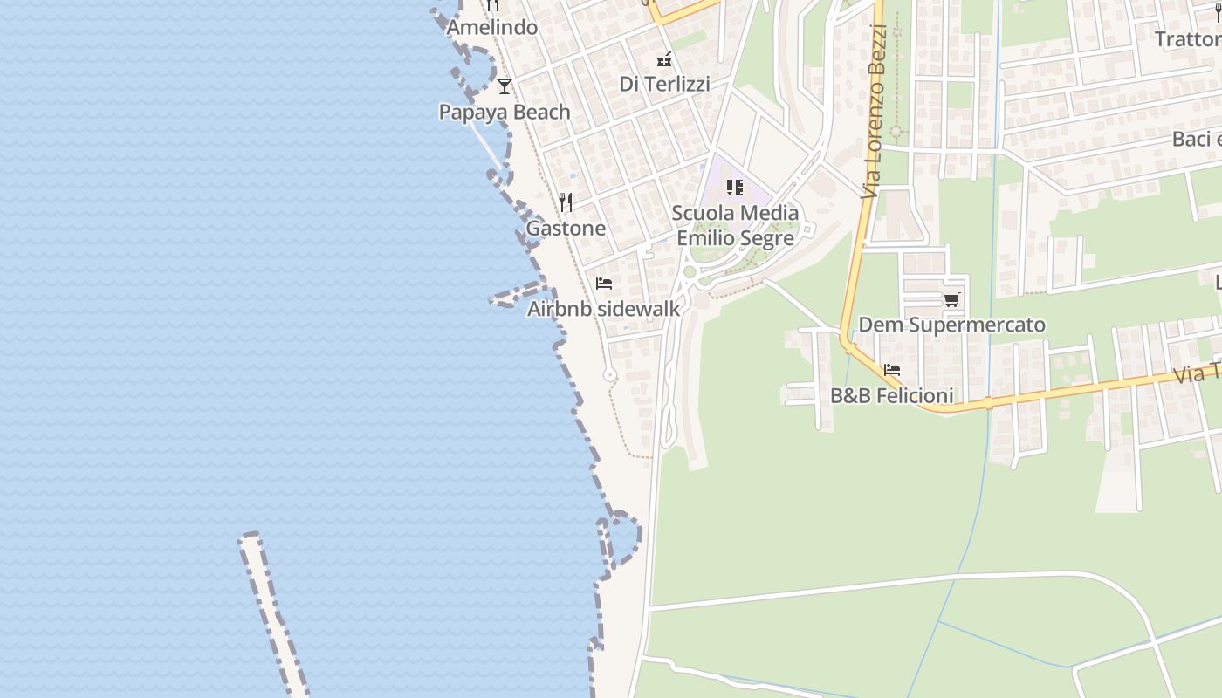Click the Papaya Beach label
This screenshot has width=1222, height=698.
[504, 113]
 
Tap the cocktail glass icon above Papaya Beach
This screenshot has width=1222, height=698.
[504, 86]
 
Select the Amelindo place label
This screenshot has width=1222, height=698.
[491, 28]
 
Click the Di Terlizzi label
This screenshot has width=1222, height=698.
[664, 85]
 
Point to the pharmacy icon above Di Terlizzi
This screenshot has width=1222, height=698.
[664, 59]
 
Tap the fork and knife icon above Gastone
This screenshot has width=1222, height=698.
[566, 202]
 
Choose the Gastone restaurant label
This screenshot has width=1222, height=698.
[565, 229]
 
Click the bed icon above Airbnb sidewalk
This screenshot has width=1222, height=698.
[603, 284]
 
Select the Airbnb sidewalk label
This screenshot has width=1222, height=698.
[603, 309]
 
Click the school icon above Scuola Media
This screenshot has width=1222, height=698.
[735, 187]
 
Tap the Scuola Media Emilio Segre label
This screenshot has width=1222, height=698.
[735, 225]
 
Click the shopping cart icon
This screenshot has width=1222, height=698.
[951, 300]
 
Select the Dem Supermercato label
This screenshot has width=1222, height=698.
[951, 325]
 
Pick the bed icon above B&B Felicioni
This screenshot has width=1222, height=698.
[891, 370]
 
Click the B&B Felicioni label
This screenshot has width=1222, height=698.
[891, 396]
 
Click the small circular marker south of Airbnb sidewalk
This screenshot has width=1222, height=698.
[610, 375]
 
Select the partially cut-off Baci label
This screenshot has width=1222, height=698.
[1196, 140]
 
